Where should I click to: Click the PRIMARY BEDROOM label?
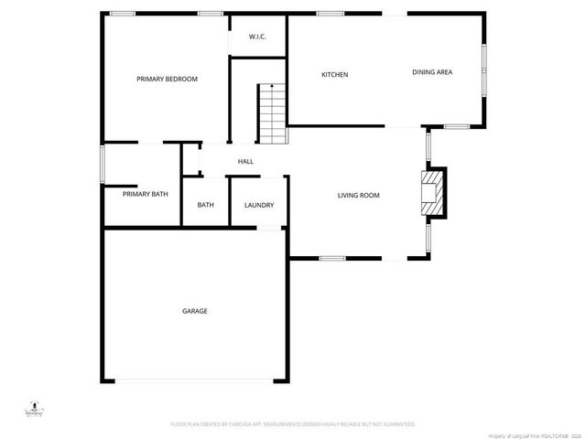[x=167, y=80]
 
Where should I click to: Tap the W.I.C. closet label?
[x=257, y=37]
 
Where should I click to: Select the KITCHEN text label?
[x=334, y=75]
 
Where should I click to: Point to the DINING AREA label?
[x=432, y=72]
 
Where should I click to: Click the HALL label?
[x=245, y=162]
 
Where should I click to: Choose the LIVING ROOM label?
[x=358, y=195]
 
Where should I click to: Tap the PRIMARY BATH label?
[x=145, y=194]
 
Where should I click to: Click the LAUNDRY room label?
[x=259, y=205]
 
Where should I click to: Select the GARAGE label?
[x=194, y=311]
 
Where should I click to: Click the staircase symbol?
[x=273, y=112]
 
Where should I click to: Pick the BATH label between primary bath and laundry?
[x=206, y=205]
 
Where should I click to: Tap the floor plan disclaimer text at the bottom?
[x=293, y=424]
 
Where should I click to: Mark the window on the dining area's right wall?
[x=485, y=69]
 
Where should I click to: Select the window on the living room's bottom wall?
[x=332, y=259]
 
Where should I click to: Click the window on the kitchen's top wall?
[x=331, y=14]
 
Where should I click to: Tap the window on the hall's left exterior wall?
[x=103, y=163]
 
